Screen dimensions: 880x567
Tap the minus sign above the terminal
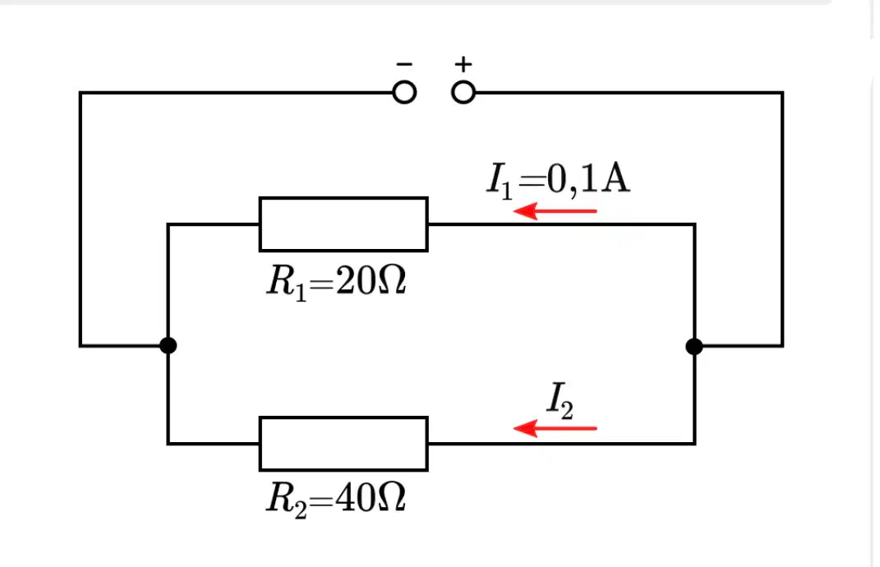404,64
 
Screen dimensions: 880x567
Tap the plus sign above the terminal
463,64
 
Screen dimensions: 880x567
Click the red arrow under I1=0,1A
555,211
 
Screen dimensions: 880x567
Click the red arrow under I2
555,428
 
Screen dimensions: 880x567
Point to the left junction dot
168,345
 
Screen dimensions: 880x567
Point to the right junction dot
694,347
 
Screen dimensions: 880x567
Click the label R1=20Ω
336,282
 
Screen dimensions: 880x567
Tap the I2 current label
560,400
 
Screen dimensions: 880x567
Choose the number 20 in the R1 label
355,280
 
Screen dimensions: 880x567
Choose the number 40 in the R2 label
355,497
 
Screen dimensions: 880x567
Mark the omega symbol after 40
392,497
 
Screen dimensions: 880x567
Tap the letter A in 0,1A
615,178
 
